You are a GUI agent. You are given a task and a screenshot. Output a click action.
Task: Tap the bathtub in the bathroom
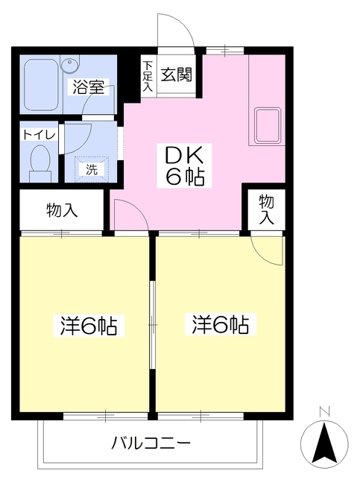(x=45, y=85)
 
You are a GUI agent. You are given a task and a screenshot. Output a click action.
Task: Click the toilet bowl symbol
(x=40, y=160)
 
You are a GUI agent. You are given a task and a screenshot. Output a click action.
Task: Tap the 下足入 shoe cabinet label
(x=148, y=76)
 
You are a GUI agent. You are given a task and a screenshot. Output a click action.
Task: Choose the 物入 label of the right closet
(x=266, y=209)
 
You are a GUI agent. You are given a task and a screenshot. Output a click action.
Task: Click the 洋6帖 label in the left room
(x=88, y=326)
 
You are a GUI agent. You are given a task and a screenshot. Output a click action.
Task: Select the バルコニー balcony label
(x=152, y=442)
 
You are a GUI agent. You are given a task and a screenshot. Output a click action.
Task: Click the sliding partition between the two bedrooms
(x=152, y=326)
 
